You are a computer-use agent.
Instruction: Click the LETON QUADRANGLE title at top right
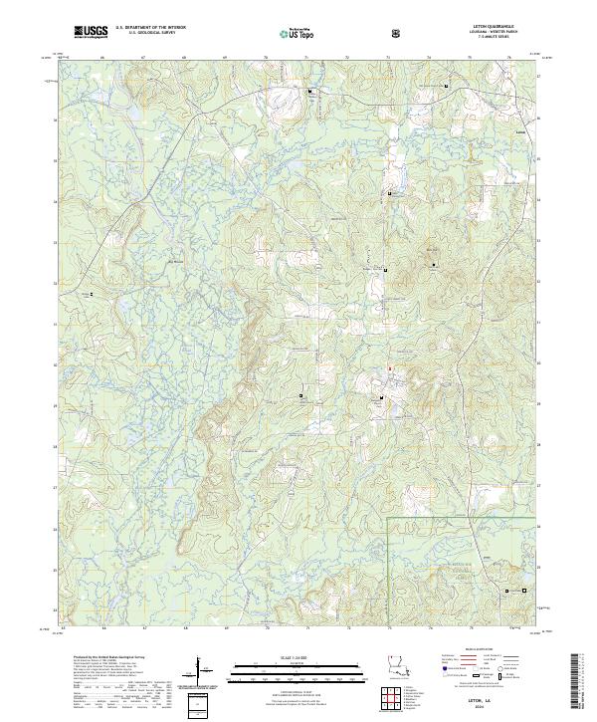pos(499,28)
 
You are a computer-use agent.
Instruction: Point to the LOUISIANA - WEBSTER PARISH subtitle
pos(499,33)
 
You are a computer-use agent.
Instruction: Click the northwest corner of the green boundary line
pos(387,518)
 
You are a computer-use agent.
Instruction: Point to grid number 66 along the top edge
pos(103,59)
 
